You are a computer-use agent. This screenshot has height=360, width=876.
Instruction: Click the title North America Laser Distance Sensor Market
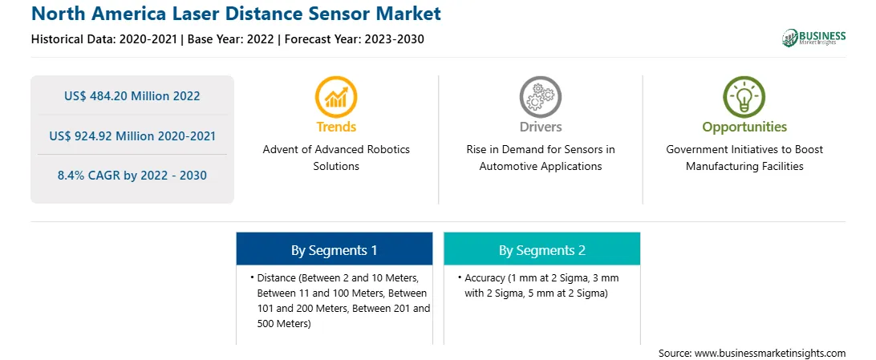pos(237,14)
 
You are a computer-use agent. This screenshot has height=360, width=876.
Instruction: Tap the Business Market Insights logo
pos(813,38)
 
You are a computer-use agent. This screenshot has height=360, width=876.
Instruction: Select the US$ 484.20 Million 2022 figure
pos(132,96)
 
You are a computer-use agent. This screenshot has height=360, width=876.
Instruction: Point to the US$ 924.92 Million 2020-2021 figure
pos(132,136)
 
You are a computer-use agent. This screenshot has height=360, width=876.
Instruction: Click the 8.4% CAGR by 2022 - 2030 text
pos(132,176)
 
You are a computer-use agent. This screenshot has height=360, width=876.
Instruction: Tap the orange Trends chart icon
pos(336,96)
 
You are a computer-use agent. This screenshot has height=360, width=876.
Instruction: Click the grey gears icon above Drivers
pos(540,96)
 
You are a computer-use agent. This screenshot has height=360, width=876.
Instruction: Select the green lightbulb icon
pos(744,96)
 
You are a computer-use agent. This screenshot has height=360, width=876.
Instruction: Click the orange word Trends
pos(336,127)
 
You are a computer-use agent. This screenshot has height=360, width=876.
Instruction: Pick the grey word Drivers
pos(540,127)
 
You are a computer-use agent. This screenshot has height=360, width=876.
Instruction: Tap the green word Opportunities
pos(744,127)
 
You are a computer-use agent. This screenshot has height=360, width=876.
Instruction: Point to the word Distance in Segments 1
pos(277,277)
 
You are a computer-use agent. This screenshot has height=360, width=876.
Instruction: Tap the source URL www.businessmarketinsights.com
pos(769,353)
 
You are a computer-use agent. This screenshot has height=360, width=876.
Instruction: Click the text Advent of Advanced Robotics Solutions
pos(336,157)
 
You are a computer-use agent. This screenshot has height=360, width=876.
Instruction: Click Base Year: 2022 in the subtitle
pos(230,39)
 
